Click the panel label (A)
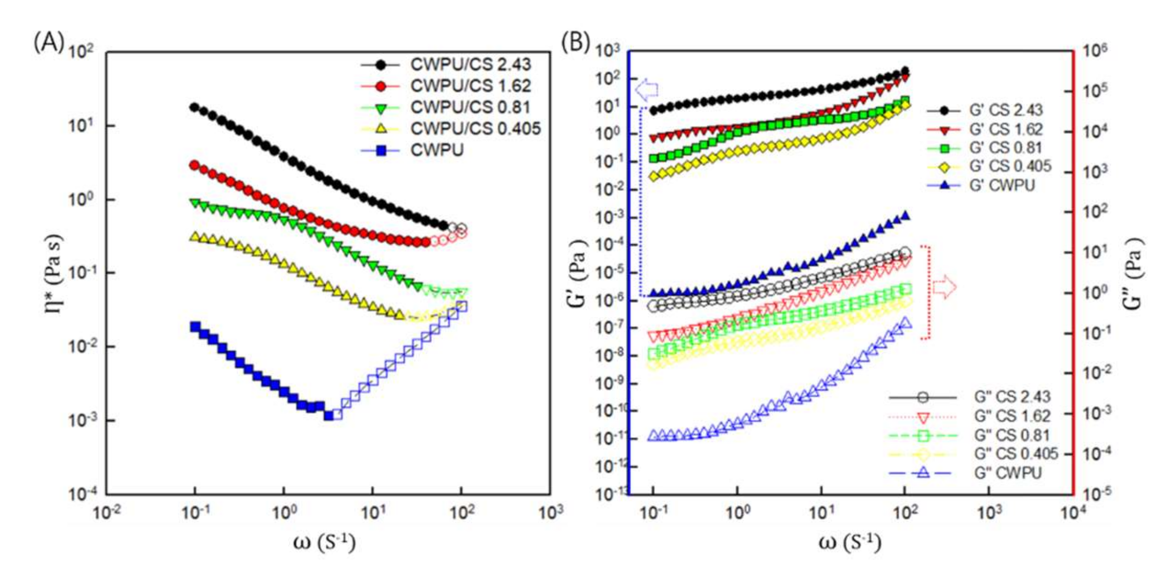49,42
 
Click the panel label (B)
576,42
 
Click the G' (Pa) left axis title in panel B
577,273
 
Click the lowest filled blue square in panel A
329,416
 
